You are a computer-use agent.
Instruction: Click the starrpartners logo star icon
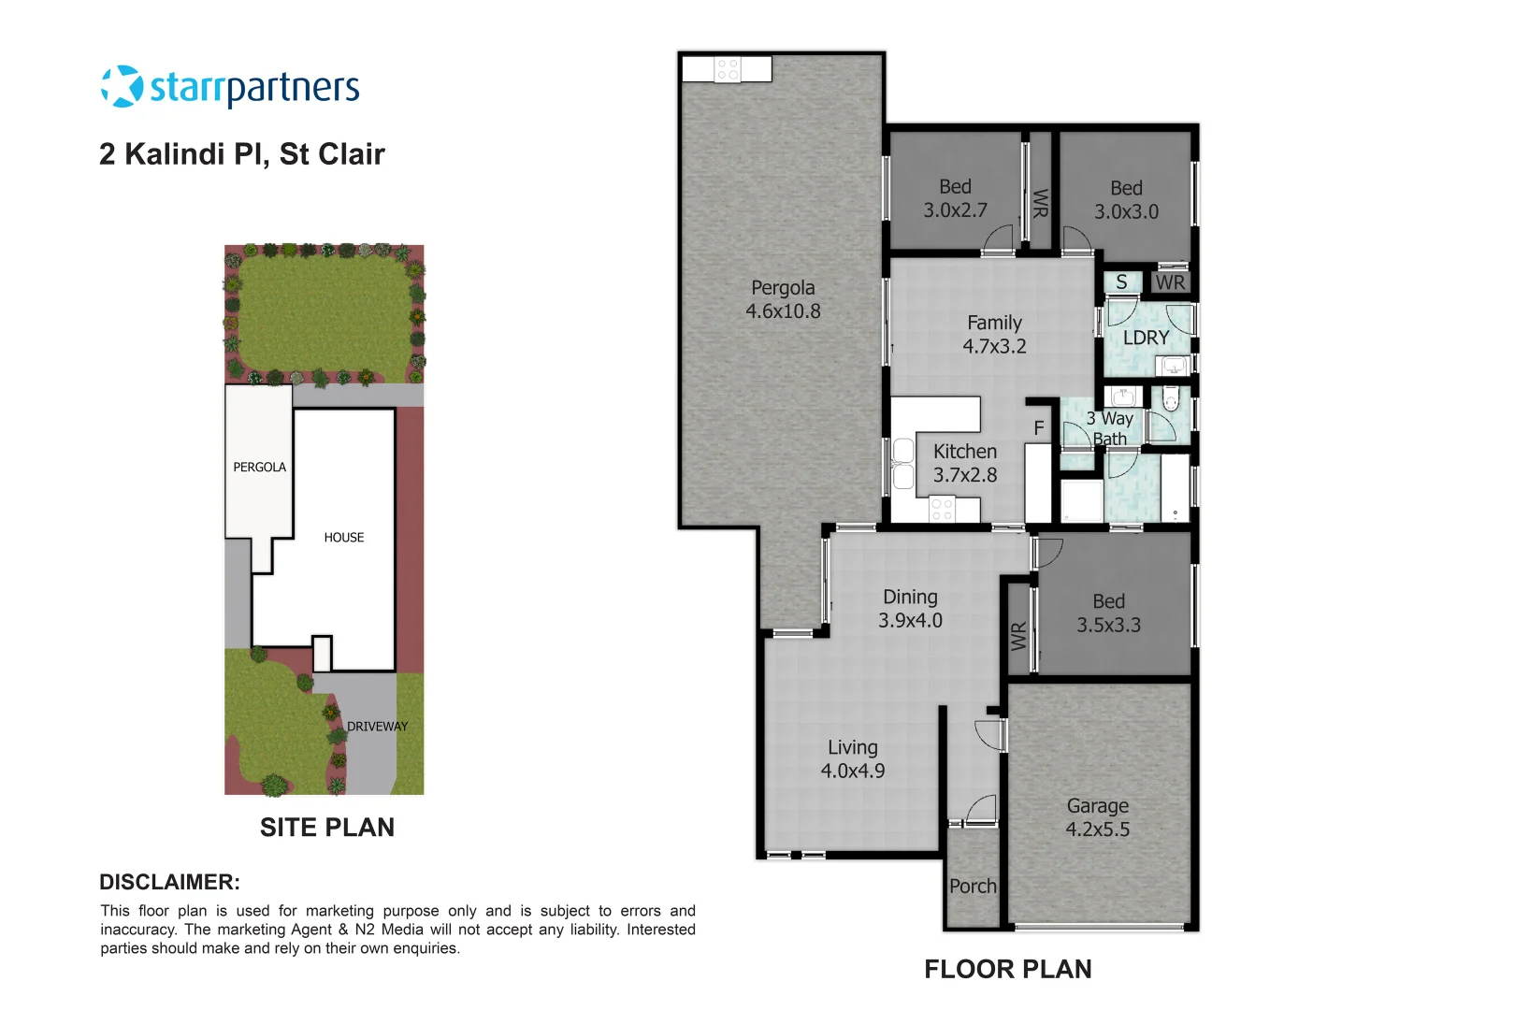(122, 86)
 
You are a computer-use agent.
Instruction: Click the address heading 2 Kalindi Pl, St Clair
(241, 154)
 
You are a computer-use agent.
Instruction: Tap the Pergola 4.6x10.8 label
(783, 299)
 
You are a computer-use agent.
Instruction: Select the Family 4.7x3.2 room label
(994, 334)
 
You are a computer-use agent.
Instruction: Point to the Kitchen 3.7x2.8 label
(965, 463)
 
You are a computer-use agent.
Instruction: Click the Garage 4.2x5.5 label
(1097, 817)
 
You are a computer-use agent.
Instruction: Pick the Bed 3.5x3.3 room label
(1108, 613)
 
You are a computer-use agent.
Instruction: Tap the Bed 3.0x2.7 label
(955, 198)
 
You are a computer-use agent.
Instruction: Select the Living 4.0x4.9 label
(852, 758)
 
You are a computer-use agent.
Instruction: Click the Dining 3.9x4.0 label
(910, 608)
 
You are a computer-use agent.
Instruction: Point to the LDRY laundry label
(1146, 338)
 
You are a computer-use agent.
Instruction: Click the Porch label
(973, 886)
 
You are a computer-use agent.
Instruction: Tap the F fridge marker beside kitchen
(1038, 428)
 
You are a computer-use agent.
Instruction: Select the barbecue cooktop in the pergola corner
(728, 69)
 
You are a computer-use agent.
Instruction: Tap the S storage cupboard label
(1121, 281)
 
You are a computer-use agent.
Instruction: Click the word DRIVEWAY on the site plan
(377, 726)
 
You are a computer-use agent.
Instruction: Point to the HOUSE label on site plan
(344, 537)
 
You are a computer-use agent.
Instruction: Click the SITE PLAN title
(327, 828)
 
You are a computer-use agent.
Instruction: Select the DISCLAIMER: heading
(169, 882)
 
